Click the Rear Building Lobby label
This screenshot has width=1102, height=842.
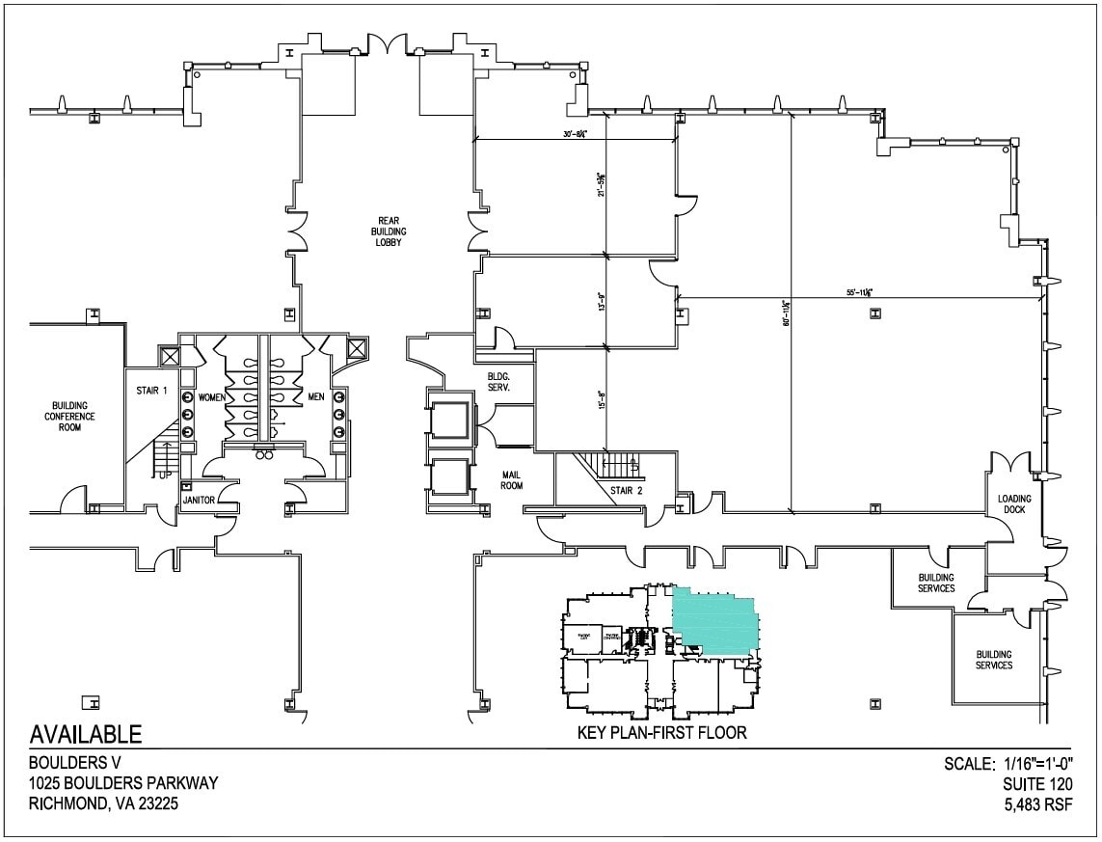(390, 231)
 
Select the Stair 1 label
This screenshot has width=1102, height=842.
(151, 392)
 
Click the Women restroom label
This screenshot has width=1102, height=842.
(212, 397)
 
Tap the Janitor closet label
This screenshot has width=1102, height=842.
(199, 500)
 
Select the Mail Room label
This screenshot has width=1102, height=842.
(511, 480)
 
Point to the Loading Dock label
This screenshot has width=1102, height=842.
(1014, 504)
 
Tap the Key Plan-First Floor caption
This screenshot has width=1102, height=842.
(661, 733)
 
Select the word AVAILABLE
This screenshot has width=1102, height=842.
(86, 735)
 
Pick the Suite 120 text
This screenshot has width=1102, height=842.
(1036, 784)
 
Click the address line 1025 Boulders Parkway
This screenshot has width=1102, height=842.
(123, 783)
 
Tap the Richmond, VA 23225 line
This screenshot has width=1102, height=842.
(103, 803)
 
